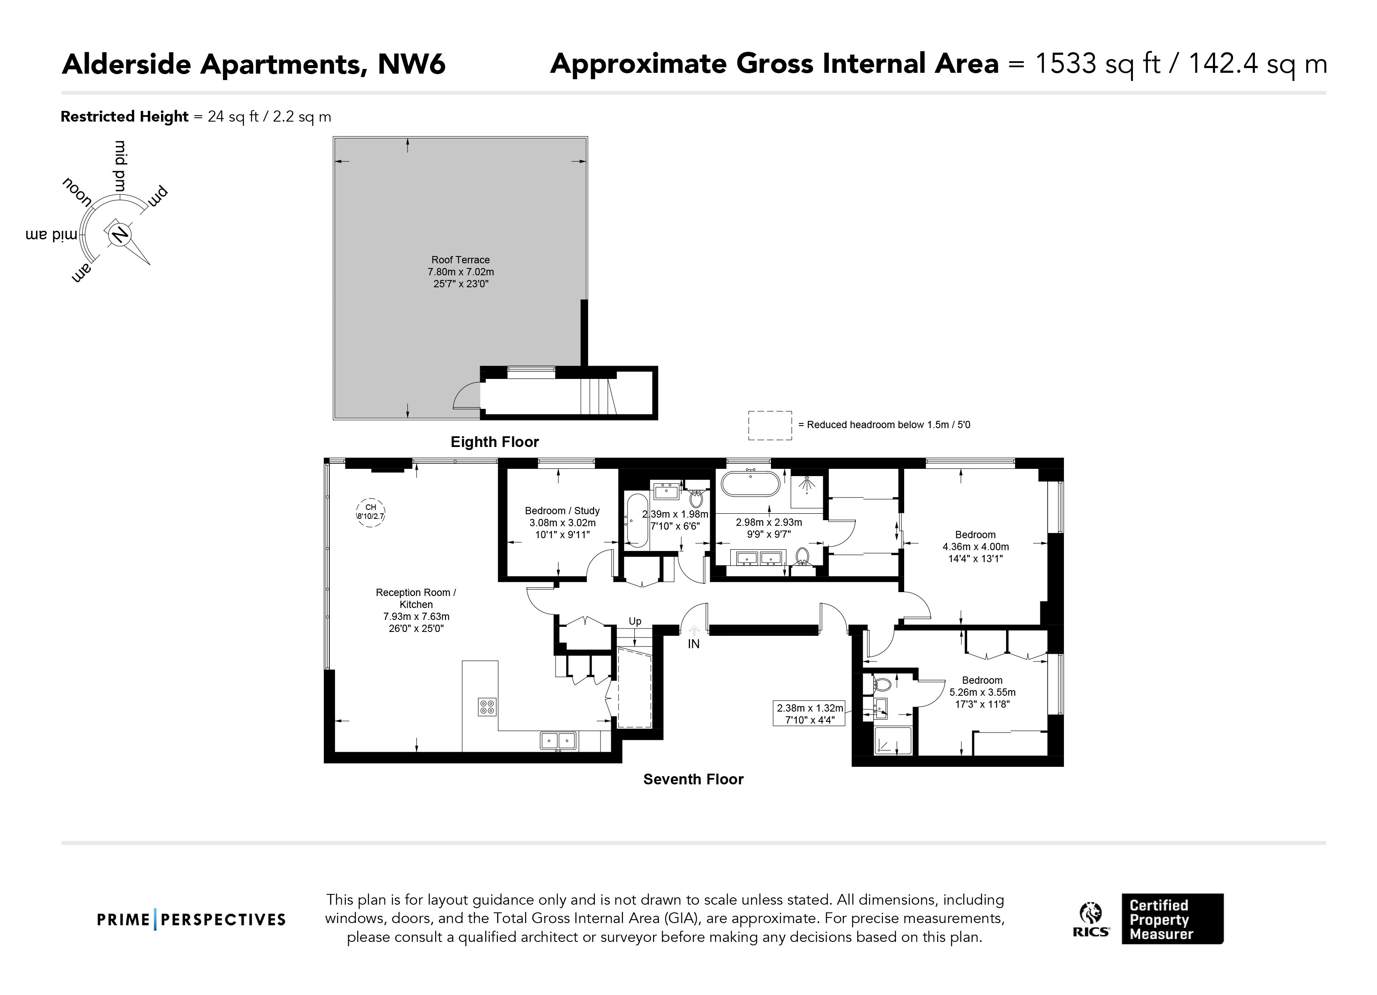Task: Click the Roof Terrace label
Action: [460, 260]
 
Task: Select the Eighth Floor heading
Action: [494, 442]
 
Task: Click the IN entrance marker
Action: [693, 644]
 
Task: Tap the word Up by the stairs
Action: [635, 621]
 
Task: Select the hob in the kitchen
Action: [487, 706]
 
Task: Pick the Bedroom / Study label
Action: [562, 511]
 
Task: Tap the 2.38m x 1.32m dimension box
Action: [810, 714]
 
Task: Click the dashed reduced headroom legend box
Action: [770, 426]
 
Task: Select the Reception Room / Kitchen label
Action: [416, 599]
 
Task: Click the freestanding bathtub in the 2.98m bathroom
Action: [750, 484]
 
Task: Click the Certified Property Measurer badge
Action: [1172, 918]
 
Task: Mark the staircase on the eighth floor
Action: [599, 395]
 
